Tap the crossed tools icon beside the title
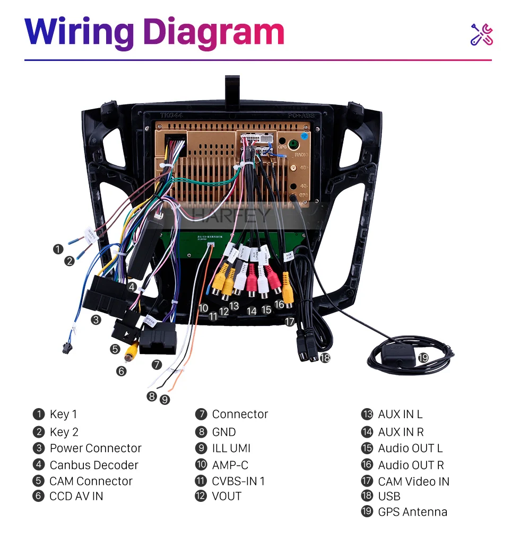[482, 34]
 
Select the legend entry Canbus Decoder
[93, 465]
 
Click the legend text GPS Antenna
[412, 512]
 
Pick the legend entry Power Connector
[96, 448]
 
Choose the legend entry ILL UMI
[231, 448]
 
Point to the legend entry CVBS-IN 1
[238, 481]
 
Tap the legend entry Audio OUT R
[411, 465]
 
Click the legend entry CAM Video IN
[413, 482]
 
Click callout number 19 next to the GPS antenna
[422, 358]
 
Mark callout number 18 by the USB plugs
[325, 358]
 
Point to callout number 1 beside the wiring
[58, 249]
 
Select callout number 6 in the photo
[122, 371]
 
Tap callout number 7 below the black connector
[156, 365]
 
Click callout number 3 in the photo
[96, 320]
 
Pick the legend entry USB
[389, 497]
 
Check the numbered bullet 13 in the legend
[367, 414]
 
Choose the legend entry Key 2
[64, 432]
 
